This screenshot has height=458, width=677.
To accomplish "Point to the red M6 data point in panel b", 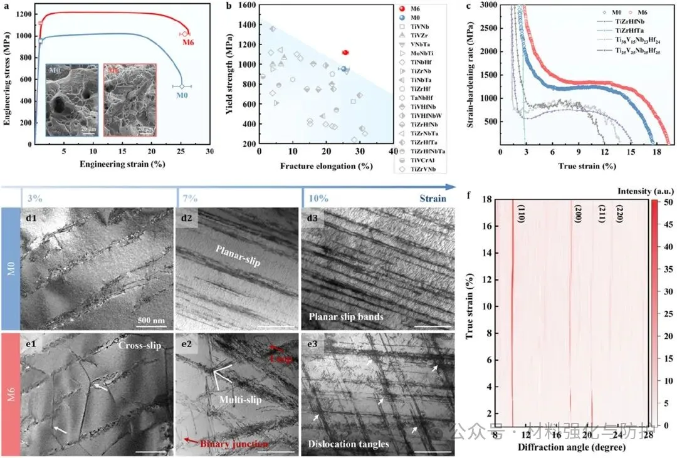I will pyautogui.click(x=345, y=53).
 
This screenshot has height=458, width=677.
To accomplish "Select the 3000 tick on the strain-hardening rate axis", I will pyautogui.click(x=489, y=5).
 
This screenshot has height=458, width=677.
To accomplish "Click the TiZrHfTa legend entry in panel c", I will pyautogui.click(x=617, y=29).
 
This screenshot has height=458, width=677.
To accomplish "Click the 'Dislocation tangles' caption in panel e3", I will pyautogui.click(x=349, y=444).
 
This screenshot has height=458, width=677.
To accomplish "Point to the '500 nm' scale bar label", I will pyautogui.click(x=150, y=320).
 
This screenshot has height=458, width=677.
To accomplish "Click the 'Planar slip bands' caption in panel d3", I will pyautogui.click(x=346, y=317).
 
